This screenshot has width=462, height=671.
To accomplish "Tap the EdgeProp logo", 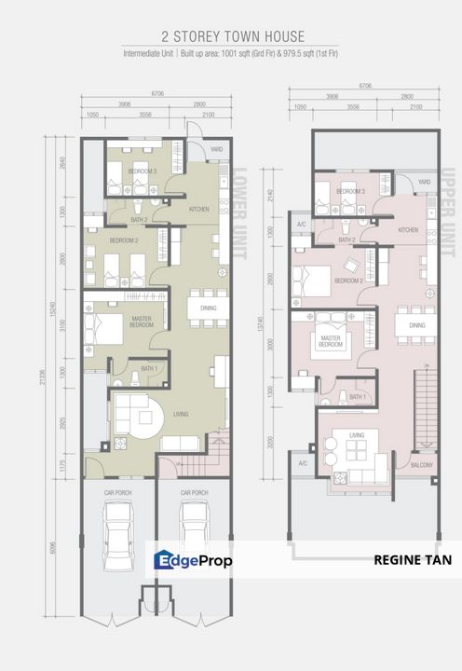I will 193,559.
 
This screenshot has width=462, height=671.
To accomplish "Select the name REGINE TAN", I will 411,560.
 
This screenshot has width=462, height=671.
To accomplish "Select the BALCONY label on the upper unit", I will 420,463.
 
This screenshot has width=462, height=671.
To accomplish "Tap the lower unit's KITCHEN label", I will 199,209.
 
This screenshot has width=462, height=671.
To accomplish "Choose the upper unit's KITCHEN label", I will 408,229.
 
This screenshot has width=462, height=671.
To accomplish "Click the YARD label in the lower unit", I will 216,148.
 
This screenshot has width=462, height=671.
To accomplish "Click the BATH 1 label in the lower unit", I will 148,370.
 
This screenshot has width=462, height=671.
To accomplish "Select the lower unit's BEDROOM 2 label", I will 123,240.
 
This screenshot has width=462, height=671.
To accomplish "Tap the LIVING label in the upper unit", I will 356,434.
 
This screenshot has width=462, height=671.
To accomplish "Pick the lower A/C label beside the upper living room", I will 302,463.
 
